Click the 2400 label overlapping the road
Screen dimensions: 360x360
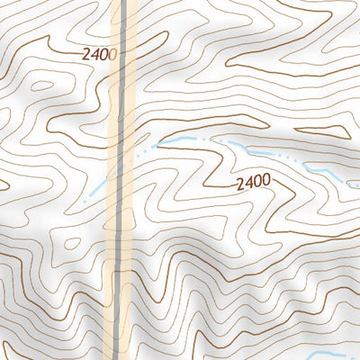100,54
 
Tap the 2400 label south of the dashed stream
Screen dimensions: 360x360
253,183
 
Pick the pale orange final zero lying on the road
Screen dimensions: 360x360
113,54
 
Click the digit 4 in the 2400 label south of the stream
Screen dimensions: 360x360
248,183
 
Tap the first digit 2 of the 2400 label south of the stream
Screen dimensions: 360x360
240,183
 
